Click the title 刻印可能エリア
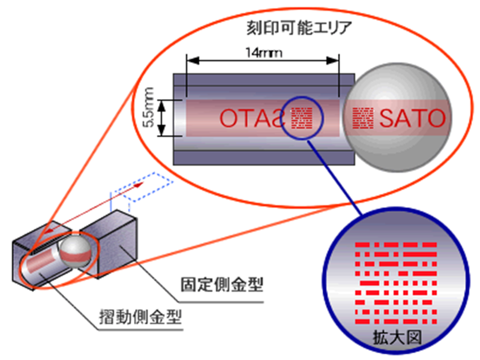point(299,28)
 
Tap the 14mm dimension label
point(264,53)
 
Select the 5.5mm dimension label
point(149,107)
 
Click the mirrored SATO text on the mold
point(252,118)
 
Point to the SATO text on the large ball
point(412,118)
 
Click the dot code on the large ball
point(363,118)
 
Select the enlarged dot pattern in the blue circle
point(396,283)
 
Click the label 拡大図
point(397,338)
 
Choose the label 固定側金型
point(221,284)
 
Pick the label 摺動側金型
point(140,317)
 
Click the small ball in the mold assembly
point(76,251)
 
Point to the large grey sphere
point(398,118)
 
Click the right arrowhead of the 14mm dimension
point(332,61)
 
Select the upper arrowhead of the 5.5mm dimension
point(161,105)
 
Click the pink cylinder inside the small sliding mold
point(43,261)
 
